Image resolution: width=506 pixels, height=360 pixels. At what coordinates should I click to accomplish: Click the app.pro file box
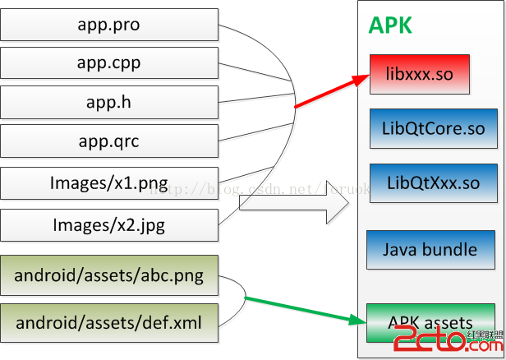tap(108, 25)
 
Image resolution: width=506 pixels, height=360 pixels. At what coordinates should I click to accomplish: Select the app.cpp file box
tap(108, 63)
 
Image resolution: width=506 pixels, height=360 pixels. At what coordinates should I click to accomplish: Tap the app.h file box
tap(108, 103)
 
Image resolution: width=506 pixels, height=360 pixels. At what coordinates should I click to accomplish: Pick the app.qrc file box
tap(108, 142)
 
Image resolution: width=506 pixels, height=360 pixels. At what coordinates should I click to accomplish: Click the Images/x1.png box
tap(108, 183)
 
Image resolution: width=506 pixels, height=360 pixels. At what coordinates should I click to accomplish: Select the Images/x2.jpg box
tap(108, 224)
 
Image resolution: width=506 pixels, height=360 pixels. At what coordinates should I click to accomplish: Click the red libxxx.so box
tap(418, 74)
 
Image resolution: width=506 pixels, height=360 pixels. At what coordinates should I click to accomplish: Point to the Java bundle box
tap(430, 249)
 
